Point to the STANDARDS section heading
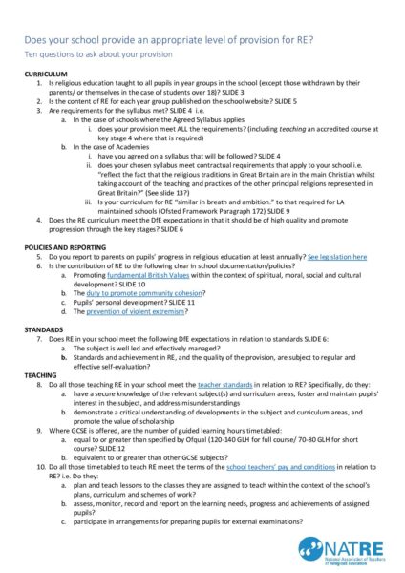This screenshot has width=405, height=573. [x=44, y=329]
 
